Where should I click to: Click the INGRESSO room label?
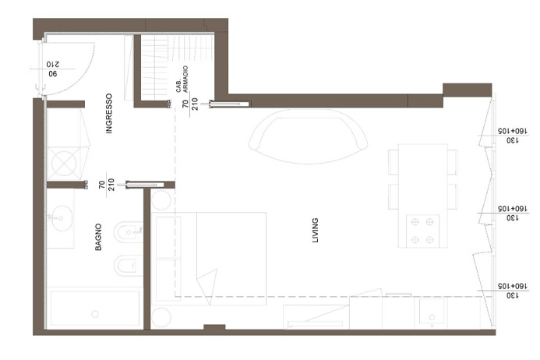tap(109, 113)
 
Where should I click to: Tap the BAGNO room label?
tap(98, 237)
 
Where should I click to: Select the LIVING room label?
tap(315, 230)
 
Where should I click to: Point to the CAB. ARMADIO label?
tap(182, 79)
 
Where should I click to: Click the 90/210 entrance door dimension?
tap(53, 69)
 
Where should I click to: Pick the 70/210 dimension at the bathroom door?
tap(106, 185)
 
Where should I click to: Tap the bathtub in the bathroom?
tap(95, 309)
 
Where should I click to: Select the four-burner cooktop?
tap(422, 231)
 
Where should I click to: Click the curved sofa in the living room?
tap(308, 136)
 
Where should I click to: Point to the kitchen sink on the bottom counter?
tap(432, 312)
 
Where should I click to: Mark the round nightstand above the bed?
tap(161, 200)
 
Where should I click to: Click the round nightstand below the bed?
tap(161, 317)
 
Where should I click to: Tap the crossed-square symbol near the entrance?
tap(64, 164)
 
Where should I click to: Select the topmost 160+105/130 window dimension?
tap(513, 136)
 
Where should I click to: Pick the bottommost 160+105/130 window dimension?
tap(513, 291)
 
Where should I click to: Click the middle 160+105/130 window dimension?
tap(513, 214)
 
